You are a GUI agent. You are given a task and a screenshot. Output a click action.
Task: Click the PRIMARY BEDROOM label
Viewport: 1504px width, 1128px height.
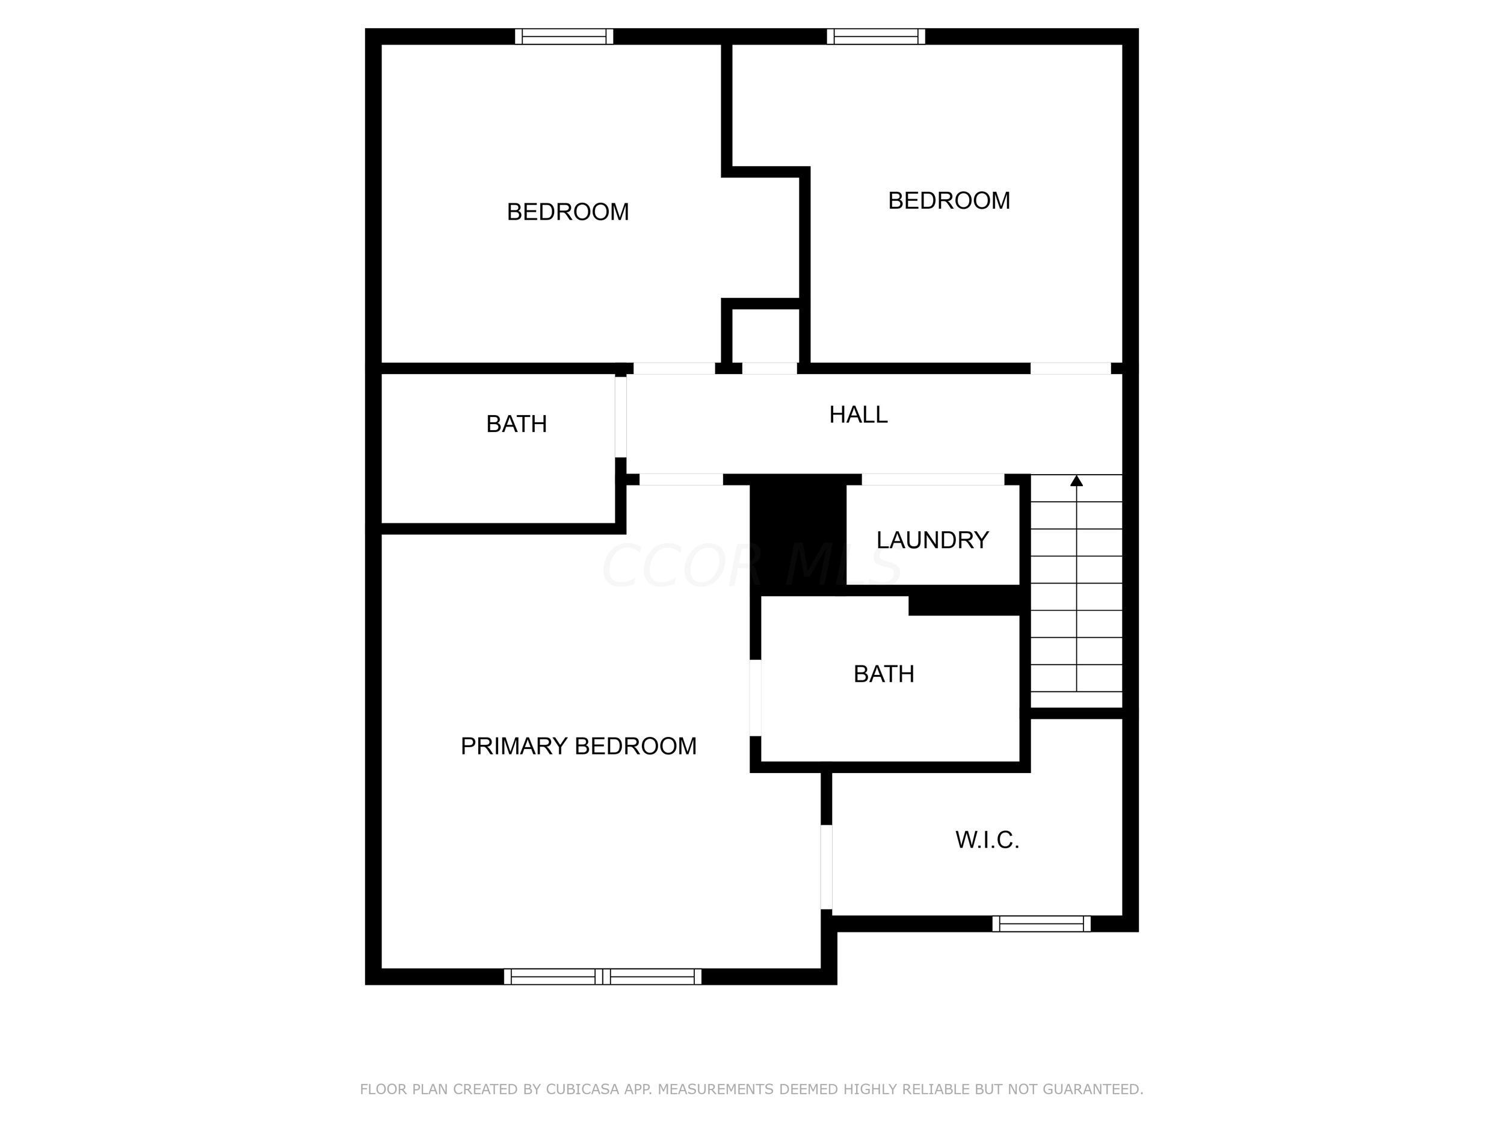click(x=578, y=746)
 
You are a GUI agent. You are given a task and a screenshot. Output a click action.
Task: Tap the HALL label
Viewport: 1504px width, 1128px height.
click(x=858, y=414)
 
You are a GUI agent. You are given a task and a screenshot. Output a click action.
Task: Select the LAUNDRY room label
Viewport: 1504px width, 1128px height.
click(x=932, y=540)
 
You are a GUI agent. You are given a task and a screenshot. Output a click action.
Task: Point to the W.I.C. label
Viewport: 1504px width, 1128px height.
click(x=987, y=840)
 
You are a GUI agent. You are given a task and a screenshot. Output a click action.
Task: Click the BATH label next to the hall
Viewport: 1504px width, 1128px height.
click(x=516, y=424)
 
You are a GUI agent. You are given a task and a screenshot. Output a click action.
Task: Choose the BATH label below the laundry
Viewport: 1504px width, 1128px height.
click(x=883, y=674)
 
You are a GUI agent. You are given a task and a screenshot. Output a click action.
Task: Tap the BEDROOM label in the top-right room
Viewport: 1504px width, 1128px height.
click(x=949, y=200)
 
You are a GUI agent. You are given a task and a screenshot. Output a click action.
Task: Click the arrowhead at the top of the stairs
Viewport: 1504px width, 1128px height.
click(x=1076, y=481)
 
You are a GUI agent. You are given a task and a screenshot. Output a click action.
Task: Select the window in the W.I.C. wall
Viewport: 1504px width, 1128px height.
click(x=1041, y=923)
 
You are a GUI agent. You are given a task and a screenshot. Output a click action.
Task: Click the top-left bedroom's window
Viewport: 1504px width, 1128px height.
click(x=564, y=36)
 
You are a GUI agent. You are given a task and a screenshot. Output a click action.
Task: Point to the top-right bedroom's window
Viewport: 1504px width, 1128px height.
click(x=876, y=36)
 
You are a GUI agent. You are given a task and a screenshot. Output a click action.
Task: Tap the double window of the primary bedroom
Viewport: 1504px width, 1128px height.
click(x=602, y=976)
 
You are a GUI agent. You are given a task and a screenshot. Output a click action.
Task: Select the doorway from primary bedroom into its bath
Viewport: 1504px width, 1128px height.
click(x=755, y=698)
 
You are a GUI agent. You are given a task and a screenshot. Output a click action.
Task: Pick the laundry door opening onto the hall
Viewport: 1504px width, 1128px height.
click(x=933, y=479)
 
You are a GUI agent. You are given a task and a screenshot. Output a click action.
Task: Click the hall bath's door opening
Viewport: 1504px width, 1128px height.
click(x=620, y=417)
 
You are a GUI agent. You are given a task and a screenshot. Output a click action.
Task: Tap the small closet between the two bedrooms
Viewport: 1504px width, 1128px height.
click(x=765, y=336)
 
